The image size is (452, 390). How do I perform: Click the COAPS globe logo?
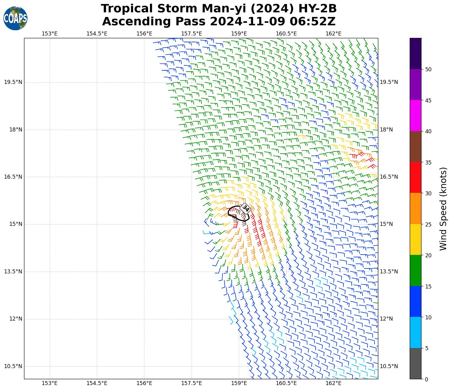pyautogui.click(x=15, y=19)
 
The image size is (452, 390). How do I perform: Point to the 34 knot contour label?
pyautogui.click(x=246, y=208)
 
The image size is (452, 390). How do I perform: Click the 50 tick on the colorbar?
pyautogui.click(x=428, y=69)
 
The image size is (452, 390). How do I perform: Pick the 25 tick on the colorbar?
pyautogui.click(x=428, y=224)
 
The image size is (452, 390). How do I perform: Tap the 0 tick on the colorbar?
pyautogui.click(x=426, y=379)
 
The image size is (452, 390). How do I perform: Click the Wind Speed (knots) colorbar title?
pyautogui.click(x=443, y=209)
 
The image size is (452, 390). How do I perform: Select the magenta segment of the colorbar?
pyautogui.click(x=415, y=116)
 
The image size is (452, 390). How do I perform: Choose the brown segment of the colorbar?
pyautogui.click(x=415, y=147)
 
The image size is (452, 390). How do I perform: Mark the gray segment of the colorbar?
pyautogui.click(x=415, y=363)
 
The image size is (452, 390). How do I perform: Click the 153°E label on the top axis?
pyautogui.click(x=49, y=34)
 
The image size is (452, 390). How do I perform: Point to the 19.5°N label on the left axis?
pyautogui.click(x=13, y=82)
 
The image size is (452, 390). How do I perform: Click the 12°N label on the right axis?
pyautogui.click(x=386, y=319)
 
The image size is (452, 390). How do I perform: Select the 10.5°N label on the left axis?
pyautogui.click(x=13, y=366)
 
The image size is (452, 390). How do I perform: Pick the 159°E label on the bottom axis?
pyautogui.click(x=239, y=383)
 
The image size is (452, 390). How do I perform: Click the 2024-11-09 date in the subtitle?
pyautogui.click(x=248, y=22)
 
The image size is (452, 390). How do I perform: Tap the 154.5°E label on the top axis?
pyautogui.click(x=97, y=34)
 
